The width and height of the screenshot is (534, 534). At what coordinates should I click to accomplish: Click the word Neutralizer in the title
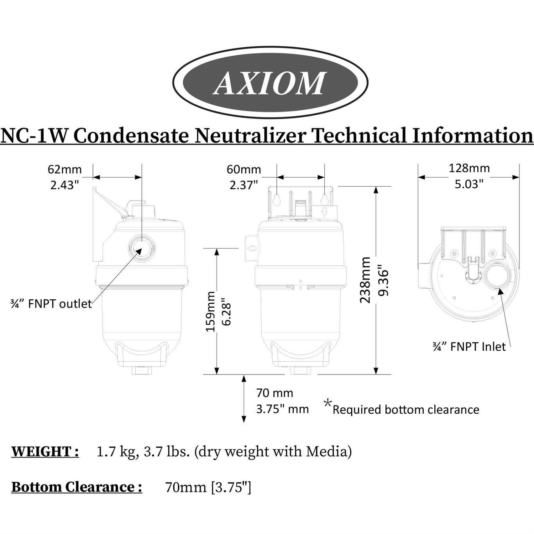249,136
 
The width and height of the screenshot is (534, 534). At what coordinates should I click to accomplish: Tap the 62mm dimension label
65,169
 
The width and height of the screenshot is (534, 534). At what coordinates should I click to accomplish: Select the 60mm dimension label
244,169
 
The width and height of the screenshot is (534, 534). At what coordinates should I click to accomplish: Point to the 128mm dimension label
469,168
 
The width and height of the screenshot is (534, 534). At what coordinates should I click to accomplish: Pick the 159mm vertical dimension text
211,312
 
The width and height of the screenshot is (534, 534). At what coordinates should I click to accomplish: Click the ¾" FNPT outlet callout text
51,304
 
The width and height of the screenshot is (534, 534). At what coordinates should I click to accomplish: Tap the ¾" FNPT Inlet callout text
469,347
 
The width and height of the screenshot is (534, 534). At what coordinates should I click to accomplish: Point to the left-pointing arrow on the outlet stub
252,248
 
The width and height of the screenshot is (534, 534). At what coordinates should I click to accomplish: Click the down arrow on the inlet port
324,213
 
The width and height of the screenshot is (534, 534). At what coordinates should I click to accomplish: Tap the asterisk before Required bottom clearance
328,404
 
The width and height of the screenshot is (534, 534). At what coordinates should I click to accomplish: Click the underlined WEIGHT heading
45,452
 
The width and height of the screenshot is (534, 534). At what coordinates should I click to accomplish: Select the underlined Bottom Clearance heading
77,487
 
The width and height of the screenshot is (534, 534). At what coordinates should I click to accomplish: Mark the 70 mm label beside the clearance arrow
275,393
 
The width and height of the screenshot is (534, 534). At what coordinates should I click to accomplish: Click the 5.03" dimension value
469,184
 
